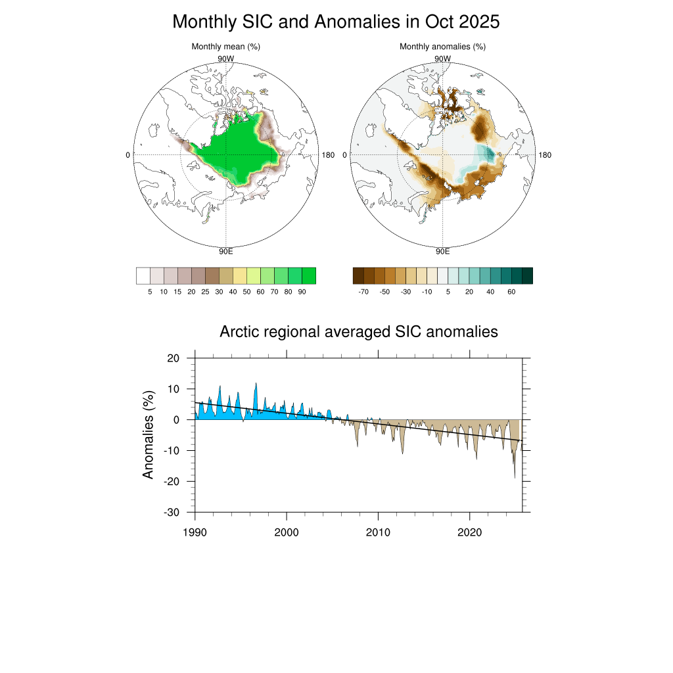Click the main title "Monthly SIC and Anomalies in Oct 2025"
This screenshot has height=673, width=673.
tap(336, 22)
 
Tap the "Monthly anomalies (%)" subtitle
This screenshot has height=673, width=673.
tap(442, 47)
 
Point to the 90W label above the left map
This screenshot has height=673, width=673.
tap(225, 58)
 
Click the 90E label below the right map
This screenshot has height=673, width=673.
tap(442, 251)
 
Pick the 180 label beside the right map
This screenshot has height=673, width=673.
tap(545, 155)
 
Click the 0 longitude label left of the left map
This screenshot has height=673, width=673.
tap(128, 155)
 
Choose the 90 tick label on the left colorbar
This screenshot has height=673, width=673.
tap(302, 292)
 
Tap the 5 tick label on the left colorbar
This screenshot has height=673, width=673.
tap(151, 292)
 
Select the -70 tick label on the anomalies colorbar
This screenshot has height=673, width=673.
tap(363, 292)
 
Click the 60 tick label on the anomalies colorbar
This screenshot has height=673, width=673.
tap(511, 292)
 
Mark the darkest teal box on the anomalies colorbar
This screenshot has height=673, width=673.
tap(527, 275)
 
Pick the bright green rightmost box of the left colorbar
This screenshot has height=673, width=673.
tap(309, 275)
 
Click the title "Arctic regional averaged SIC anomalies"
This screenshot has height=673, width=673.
tap(359, 332)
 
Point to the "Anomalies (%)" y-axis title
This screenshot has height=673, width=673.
tap(149, 435)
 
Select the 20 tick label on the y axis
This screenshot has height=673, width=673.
tap(173, 358)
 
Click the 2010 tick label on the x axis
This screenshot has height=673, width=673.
tap(378, 531)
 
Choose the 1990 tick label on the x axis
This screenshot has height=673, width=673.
tap(195, 531)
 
